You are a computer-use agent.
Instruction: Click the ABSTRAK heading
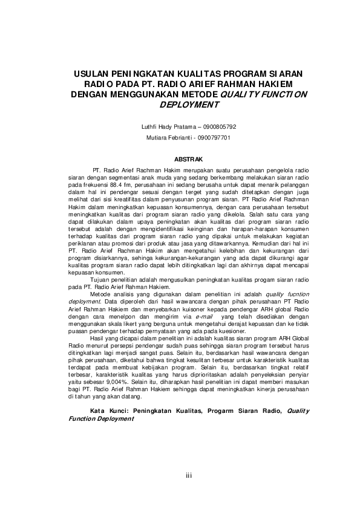(180, 159)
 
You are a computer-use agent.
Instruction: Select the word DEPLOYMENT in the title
(188, 104)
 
